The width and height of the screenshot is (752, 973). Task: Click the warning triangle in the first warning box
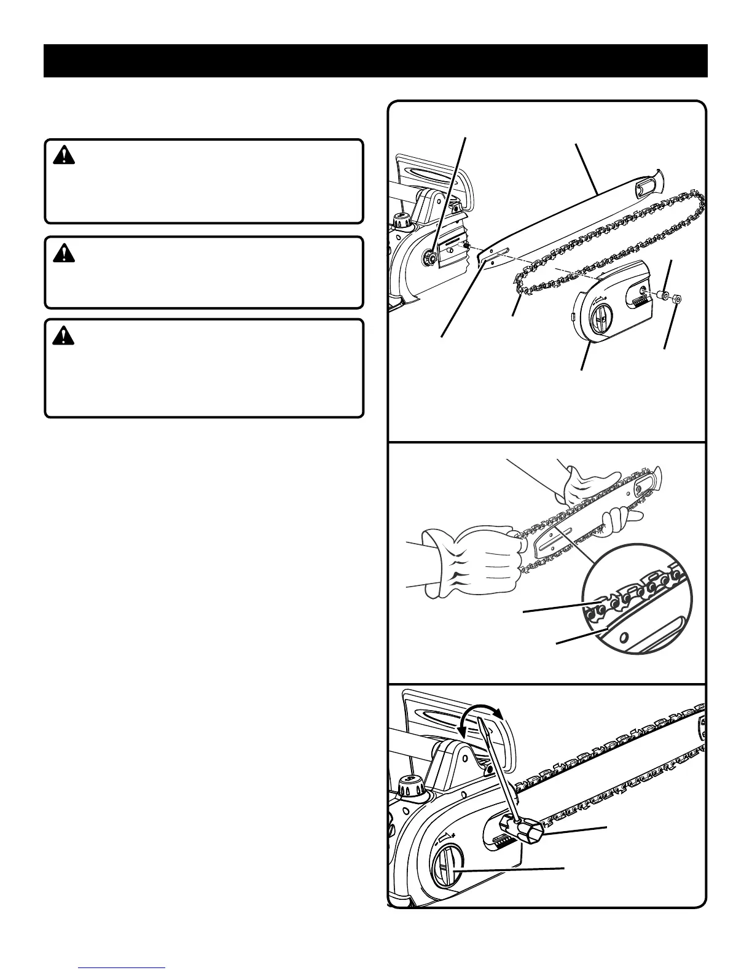pos(63,156)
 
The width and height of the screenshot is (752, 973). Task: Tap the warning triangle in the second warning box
pos(63,253)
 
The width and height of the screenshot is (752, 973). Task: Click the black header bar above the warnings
pos(375,60)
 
